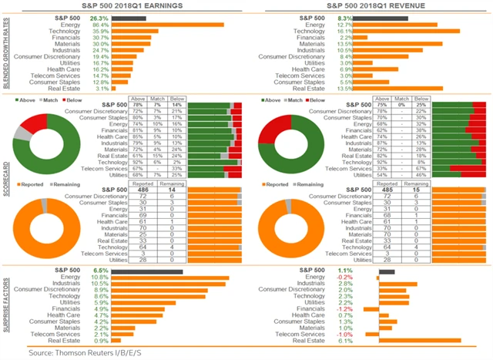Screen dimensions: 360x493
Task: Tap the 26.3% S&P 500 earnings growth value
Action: pyautogui.click(x=99, y=17)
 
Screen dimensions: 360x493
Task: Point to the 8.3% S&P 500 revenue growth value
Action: pyautogui.click(x=345, y=17)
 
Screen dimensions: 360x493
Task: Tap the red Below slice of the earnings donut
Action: pyautogui.click(x=33, y=124)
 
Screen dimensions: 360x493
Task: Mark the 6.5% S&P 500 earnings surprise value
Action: pyautogui.click(x=100, y=271)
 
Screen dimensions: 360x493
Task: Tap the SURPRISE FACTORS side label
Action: pyautogui.click(x=6, y=304)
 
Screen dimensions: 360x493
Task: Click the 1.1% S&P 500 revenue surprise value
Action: pyautogui.click(x=344, y=271)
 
